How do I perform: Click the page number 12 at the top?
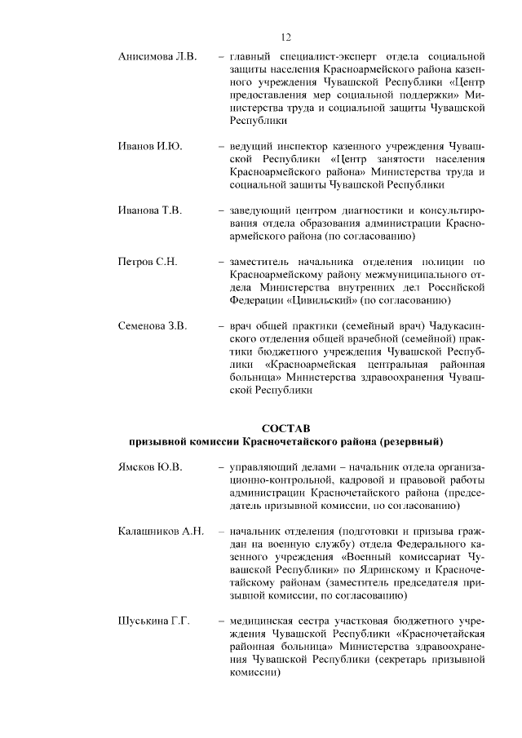pyautogui.click(x=286, y=37)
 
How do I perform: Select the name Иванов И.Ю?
pyautogui.click(x=148, y=146)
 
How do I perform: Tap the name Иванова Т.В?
pyautogui.click(x=149, y=210)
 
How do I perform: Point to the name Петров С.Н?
pyautogui.click(x=148, y=262)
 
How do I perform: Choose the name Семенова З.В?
pyautogui.click(x=153, y=325)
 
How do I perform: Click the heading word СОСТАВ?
pyautogui.click(x=286, y=428)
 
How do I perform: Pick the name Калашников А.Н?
pyautogui.click(x=160, y=531)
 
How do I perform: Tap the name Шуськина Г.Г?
pyautogui.click(x=153, y=621)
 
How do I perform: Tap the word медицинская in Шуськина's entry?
pyautogui.click(x=263, y=621)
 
